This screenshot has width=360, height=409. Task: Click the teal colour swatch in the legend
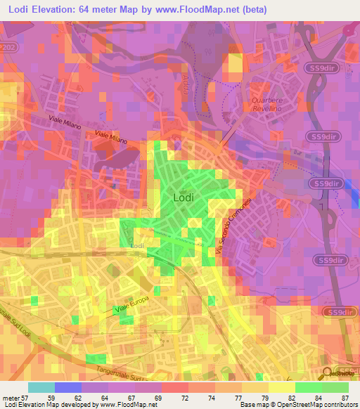tap(41, 387)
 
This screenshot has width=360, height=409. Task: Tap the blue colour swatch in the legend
tap(68, 387)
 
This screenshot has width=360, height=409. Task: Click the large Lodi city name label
tap(184, 198)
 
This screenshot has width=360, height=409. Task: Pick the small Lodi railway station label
tap(137, 246)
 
